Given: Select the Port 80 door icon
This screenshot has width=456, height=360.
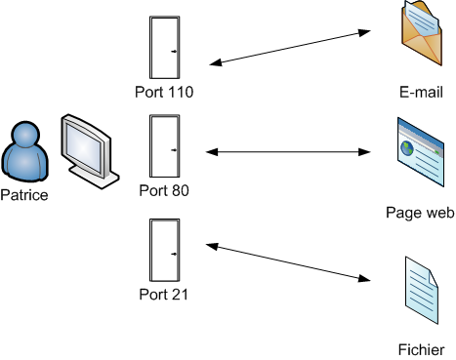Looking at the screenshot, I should tap(164, 147).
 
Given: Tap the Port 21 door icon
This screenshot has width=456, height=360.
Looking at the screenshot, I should tap(164, 252).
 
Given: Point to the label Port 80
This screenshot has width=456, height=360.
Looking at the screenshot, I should tap(164, 190).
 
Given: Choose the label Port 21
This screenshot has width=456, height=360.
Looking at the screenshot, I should tap(164, 294).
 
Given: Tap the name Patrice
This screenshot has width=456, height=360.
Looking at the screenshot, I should tap(24, 195).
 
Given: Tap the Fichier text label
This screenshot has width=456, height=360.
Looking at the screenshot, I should tap(421, 349).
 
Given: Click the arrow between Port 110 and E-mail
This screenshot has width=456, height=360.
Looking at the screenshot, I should tap(293, 48).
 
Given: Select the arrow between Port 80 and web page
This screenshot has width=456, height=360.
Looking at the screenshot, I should tap(293, 151).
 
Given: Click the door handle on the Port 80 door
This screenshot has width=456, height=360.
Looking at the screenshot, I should tap(174, 149).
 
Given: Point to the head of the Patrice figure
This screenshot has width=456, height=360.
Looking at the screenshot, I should tap(24, 135).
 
